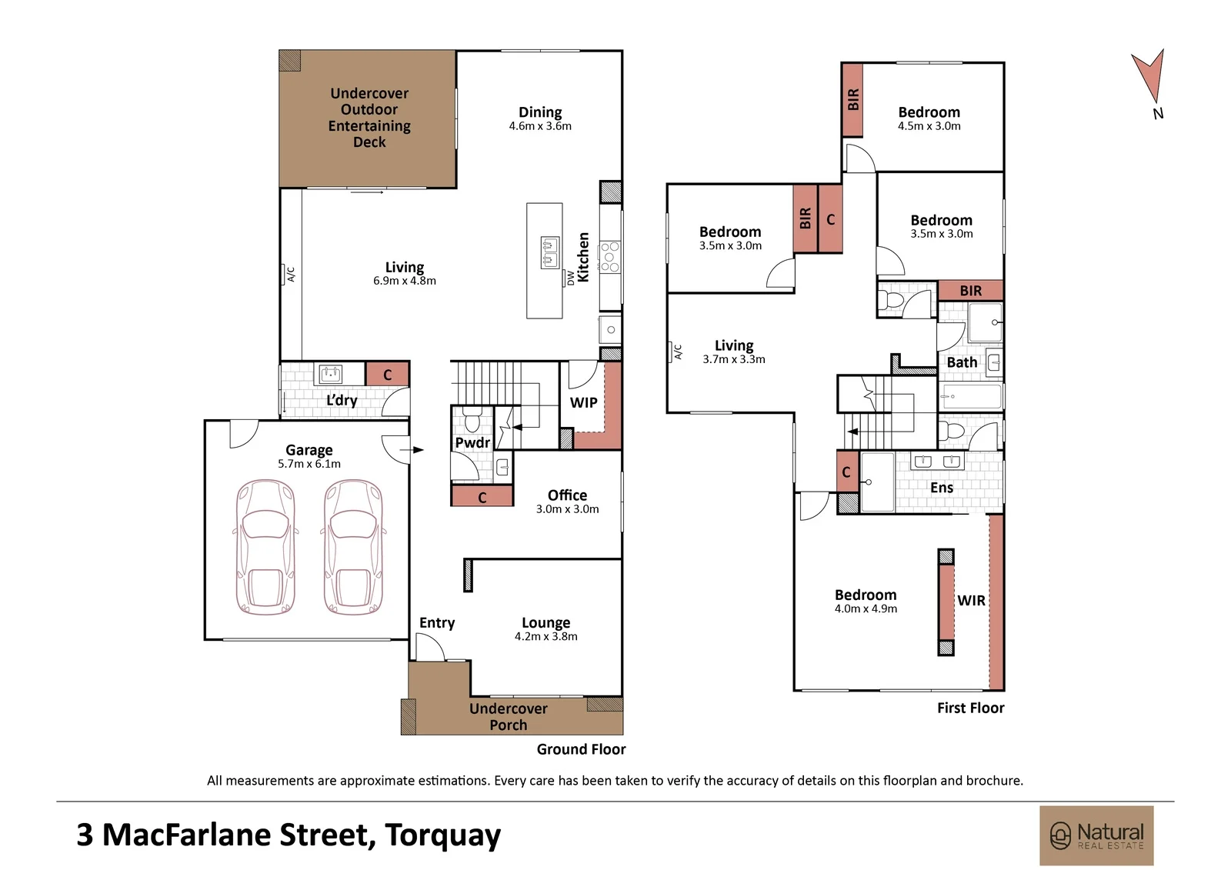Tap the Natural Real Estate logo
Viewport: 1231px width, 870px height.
pyautogui.click(x=1096, y=835)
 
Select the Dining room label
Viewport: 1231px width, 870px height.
pyautogui.click(x=540, y=112)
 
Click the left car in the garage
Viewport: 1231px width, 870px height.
pyautogui.click(x=265, y=547)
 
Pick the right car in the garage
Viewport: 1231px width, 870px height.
pyautogui.click(x=353, y=547)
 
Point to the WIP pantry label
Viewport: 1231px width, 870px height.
pyautogui.click(x=583, y=403)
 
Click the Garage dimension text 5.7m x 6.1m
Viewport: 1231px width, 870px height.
pyautogui.click(x=309, y=464)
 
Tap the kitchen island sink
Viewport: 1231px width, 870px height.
pyautogui.click(x=550, y=252)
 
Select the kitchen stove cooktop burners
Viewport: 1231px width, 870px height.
pyautogui.click(x=609, y=257)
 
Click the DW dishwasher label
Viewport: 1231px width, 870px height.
pyautogui.click(x=571, y=278)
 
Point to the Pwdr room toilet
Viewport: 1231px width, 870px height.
pyautogui.click(x=472, y=420)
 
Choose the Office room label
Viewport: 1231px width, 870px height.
pyautogui.click(x=567, y=495)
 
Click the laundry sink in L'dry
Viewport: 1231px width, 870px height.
pyautogui.click(x=330, y=375)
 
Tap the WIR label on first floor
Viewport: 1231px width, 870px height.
pyautogui.click(x=971, y=601)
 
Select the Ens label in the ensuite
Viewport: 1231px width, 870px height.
pyautogui.click(x=942, y=488)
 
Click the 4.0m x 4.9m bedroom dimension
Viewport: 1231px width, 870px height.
pyautogui.click(x=866, y=609)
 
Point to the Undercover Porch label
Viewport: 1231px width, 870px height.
pyautogui.click(x=509, y=717)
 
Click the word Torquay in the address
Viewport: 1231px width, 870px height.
pyautogui.click(x=443, y=836)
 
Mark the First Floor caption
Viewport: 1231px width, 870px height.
pyautogui.click(x=970, y=708)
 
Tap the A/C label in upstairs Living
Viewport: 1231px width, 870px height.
pyautogui.click(x=678, y=352)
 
